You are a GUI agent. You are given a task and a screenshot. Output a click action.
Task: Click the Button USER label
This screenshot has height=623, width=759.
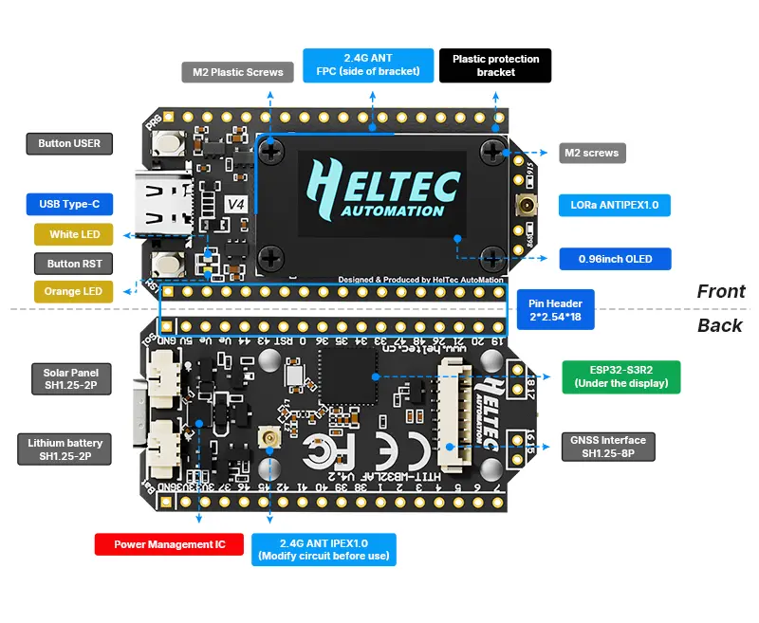[x=69, y=144]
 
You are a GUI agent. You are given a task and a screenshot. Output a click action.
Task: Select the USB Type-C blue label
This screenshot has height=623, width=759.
[x=69, y=204]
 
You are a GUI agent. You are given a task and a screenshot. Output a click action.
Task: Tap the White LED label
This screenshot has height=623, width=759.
[x=73, y=234]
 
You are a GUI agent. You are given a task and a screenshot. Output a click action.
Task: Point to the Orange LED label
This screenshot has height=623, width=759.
[x=73, y=291]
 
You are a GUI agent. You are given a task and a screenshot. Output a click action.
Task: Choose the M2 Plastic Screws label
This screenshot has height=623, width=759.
[x=231, y=72]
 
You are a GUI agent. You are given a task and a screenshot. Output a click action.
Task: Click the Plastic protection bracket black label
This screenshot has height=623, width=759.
[x=495, y=65]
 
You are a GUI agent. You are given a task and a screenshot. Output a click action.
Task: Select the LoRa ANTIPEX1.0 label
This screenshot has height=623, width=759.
[x=614, y=205]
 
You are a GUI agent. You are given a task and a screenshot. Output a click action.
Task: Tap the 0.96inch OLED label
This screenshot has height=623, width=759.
[x=614, y=259]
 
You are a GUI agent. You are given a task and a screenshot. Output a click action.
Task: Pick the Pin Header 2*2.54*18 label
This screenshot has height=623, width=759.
[x=555, y=309]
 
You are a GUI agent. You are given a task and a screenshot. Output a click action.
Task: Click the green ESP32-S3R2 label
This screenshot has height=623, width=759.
[x=620, y=376]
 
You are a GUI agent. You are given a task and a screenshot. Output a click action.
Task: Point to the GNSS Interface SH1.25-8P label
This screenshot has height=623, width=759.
[x=607, y=447]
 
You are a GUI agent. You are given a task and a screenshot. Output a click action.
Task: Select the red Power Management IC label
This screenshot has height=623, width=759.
[x=169, y=544]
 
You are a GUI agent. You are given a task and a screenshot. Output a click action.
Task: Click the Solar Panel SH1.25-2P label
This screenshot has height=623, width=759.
[x=69, y=379]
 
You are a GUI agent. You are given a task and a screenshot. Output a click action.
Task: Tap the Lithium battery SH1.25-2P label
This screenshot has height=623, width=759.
[x=65, y=449]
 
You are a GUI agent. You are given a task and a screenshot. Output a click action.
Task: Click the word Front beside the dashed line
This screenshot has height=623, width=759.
[x=720, y=291]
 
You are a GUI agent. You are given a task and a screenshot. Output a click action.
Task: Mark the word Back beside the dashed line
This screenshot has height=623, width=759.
[x=719, y=325]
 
